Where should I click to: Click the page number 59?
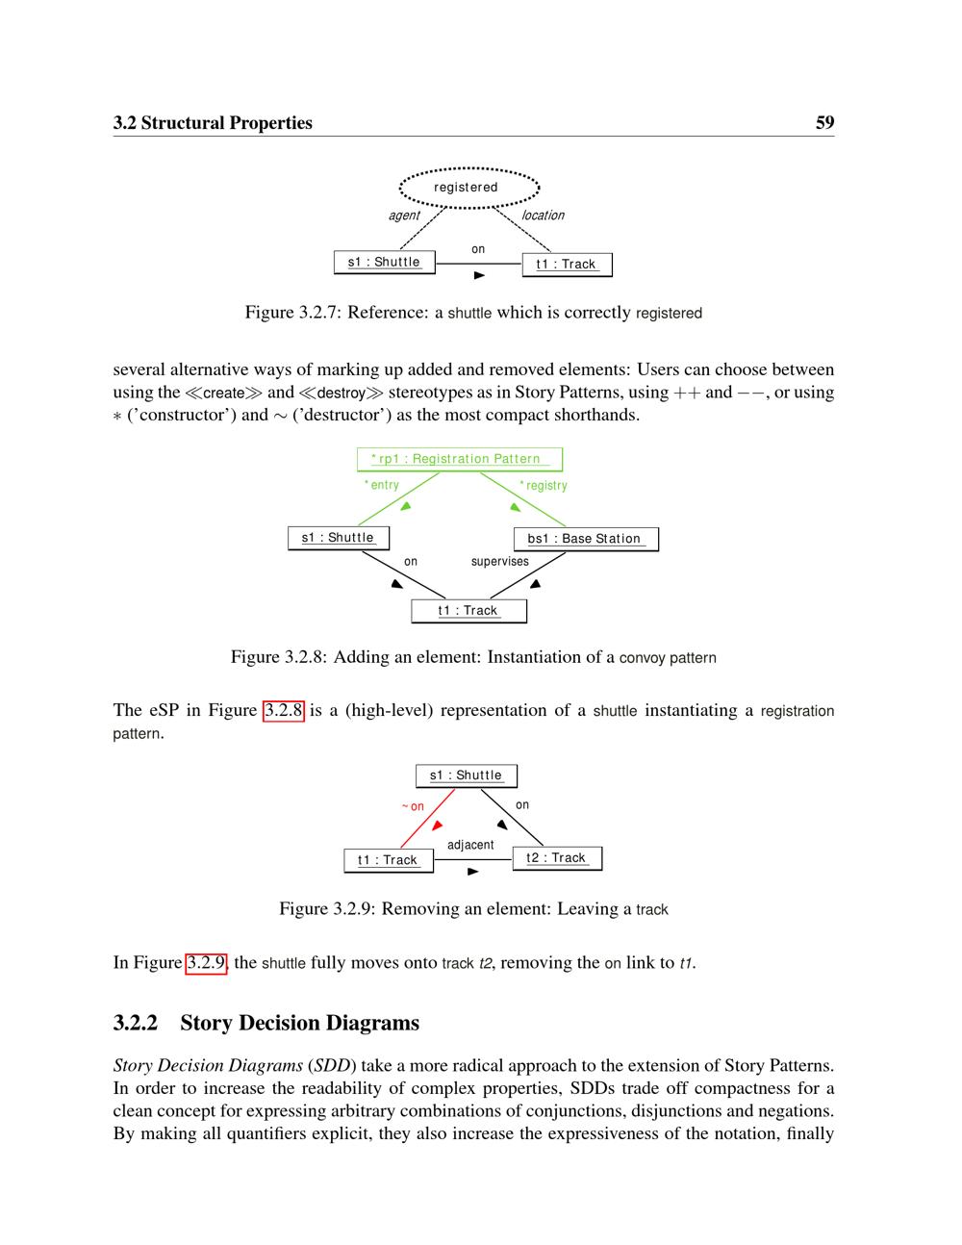824,123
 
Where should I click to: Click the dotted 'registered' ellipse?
468,187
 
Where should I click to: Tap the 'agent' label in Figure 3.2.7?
404,216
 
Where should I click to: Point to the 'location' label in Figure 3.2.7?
543,216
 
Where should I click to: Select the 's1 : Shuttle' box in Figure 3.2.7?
384,262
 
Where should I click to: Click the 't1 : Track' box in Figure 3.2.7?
567,265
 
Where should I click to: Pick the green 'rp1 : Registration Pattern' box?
459,459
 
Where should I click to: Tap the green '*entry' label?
382,485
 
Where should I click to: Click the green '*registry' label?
544,486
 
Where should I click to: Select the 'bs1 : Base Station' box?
586,539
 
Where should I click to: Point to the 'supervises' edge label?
499,562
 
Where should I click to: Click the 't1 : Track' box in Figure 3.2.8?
468,611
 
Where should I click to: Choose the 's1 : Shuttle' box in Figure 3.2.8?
338,538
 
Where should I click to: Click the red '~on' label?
413,806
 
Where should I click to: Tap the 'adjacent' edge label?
470,845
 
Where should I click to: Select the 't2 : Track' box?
556,858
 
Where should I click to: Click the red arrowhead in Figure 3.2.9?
438,826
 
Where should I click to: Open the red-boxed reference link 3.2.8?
284,711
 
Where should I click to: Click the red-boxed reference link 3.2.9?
206,963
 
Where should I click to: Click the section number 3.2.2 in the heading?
136,1023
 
